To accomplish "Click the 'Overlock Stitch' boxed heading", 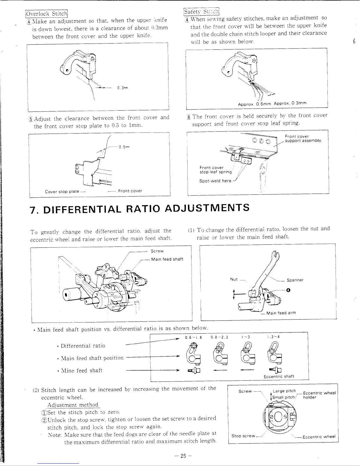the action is [47, 14].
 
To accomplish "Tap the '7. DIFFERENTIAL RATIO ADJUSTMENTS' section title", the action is [140, 208].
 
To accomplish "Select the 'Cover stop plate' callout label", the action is [62, 192].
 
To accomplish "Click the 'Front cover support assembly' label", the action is [304, 138].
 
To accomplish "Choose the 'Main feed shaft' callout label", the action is [167, 259].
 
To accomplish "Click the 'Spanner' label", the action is [295, 280].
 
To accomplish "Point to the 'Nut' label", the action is [234, 279].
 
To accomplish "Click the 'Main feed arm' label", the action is [281, 313].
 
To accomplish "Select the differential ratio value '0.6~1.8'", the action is [193, 337].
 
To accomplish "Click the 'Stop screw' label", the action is [243, 436].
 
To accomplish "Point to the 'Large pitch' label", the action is [284, 391].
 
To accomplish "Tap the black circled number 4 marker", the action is [288, 290].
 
